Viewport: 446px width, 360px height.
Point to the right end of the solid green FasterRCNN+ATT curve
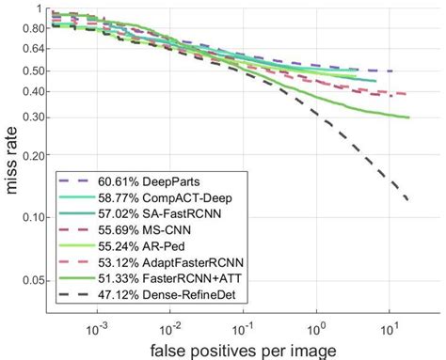[410, 117]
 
